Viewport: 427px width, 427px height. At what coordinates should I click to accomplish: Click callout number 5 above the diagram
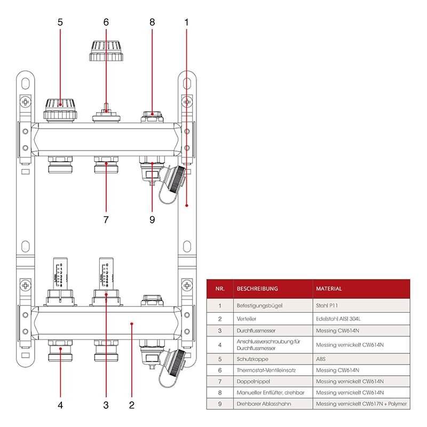click(60, 22)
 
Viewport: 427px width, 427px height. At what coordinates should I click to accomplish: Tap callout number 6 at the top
click(106, 22)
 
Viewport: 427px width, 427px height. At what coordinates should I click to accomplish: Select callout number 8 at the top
click(152, 22)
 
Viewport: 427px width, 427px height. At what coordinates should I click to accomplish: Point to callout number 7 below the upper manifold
click(106, 219)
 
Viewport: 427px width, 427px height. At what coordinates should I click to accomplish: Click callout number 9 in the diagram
click(152, 219)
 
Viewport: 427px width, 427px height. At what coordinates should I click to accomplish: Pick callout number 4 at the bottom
click(60, 405)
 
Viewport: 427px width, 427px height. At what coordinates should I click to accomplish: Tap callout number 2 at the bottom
click(131, 405)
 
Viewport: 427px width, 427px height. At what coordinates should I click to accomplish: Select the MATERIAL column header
click(329, 288)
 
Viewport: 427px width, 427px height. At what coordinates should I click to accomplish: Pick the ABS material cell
click(321, 358)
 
